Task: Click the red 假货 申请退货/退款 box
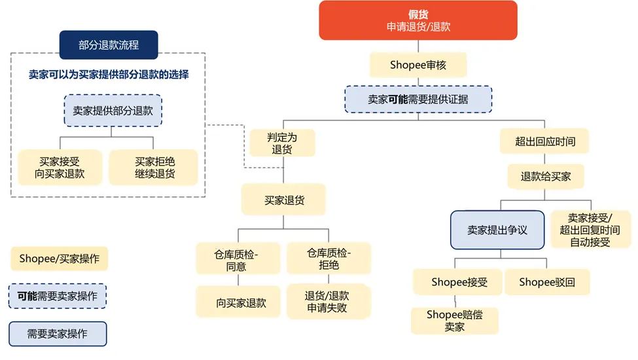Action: tap(418, 20)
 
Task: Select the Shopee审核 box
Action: tap(418, 65)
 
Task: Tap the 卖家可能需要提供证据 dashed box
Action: tap(418, 99)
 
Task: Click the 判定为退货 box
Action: tap(282, 143)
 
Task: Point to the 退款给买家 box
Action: tap(545, 176)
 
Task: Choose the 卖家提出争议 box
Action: tap(497, 230)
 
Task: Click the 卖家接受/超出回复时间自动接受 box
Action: tap(590, 230)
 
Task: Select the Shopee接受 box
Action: tap(458, 282)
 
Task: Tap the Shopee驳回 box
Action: tap(546, 282)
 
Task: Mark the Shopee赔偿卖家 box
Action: tap(455, 321)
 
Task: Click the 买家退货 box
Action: tap(284, 200)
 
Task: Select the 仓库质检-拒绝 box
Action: tap(328, 259)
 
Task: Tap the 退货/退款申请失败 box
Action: tap(328, 302)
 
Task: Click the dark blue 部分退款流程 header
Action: tap(109, 45)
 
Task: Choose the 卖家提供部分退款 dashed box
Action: tap(113, 111)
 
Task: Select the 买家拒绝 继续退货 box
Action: tap(155, 168)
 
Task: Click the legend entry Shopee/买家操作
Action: tap(60, 259)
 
